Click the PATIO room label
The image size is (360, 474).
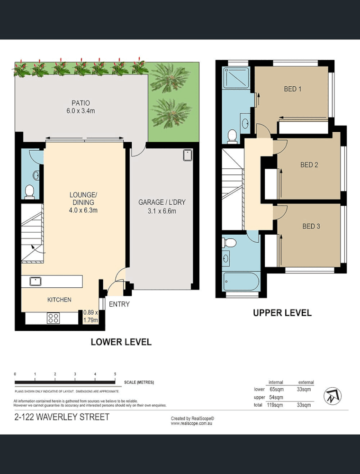[x=81, y=103]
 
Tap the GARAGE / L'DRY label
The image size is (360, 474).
[x=162, y=202]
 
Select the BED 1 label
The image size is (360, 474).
[x=293, y=89]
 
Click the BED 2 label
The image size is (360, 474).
[x=309, y=165]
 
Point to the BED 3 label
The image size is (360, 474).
[x=311, y=226]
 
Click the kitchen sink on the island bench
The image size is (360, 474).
[x=36, y=281]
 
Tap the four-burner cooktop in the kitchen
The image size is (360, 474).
[x=53, y=319]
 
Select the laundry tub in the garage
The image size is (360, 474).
[x=188, y=155]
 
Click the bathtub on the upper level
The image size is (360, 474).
[x=241, y=283]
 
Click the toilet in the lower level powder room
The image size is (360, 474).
[x=29, y=191]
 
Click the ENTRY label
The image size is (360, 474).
[x=119, y=304]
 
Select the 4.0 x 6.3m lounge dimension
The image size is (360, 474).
[x=84, y=210]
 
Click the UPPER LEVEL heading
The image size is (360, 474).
[x=282, y=313]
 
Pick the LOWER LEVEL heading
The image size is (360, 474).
[x=121, y=342]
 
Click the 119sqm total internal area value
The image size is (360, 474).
[x=275, y=405]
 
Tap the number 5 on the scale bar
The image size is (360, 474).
[x=115, y=374]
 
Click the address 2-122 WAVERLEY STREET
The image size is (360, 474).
[x=62, y=417]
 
